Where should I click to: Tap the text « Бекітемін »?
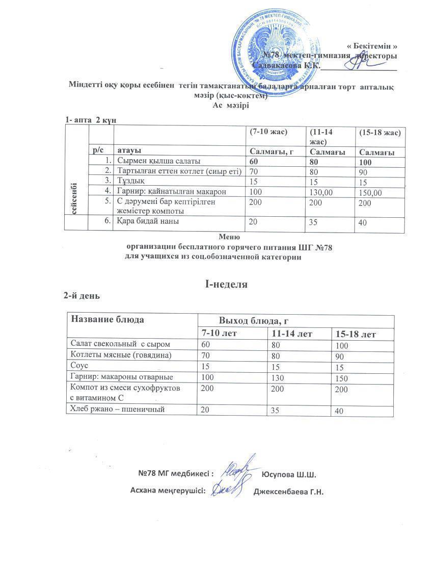point(372,46)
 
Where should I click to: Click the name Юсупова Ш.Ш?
point(289,475)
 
